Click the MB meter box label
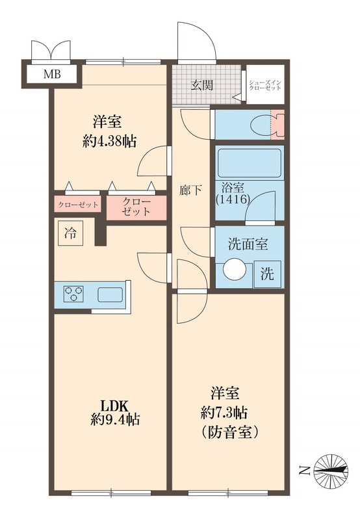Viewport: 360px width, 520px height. pos(53,74)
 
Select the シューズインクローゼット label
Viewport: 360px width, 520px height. pos(264,84)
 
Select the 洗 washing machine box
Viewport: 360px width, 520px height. pos(267,274)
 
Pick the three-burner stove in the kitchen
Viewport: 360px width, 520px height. pos(75,294)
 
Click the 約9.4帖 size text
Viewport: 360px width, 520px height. pos(114,420)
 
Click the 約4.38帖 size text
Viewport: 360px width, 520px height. pos(114,140)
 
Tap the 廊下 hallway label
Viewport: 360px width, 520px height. pos(190,190)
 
